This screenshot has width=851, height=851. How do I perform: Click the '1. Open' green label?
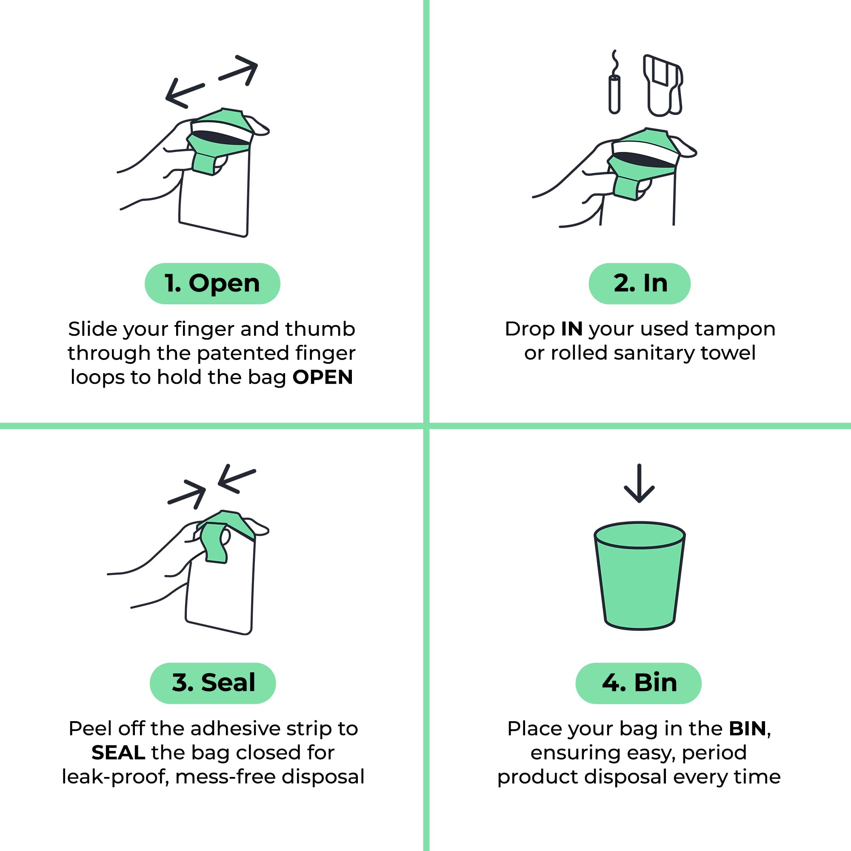(x=212, y=283)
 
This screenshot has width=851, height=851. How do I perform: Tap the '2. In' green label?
(x=639, y=283)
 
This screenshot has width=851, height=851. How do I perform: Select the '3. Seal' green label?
(x=213, y=683)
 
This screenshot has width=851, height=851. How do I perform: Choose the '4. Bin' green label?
(x=638, y=683)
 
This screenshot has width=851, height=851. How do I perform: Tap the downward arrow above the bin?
(x=639, y=484)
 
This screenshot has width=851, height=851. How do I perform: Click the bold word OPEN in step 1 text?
(x=323, y=377)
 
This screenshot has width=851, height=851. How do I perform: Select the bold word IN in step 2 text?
(x=572, y=329)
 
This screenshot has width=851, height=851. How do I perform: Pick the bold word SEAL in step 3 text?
(x=118, y=752)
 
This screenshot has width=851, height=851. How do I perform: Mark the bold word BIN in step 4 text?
(x=748, y=728)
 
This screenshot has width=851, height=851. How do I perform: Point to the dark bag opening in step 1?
(x=220, y=137)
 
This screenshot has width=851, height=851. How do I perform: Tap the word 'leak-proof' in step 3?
(x=115, y=777)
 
